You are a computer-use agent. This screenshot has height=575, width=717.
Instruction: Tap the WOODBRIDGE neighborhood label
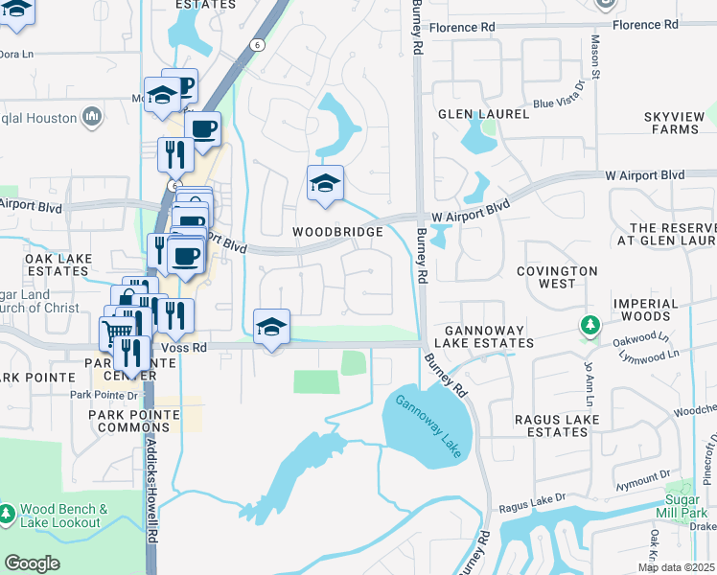tap(337, 232)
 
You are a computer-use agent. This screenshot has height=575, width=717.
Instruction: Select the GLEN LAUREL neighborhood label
tap(483, 113)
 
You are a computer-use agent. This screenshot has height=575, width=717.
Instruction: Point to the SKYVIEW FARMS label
tap(681, 123)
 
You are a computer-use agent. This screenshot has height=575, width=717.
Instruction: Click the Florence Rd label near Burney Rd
tap(462, 27)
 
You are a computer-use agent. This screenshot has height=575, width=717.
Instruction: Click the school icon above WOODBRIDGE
tap(325, 183)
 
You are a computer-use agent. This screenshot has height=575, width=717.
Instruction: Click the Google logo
tap(32, 563)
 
